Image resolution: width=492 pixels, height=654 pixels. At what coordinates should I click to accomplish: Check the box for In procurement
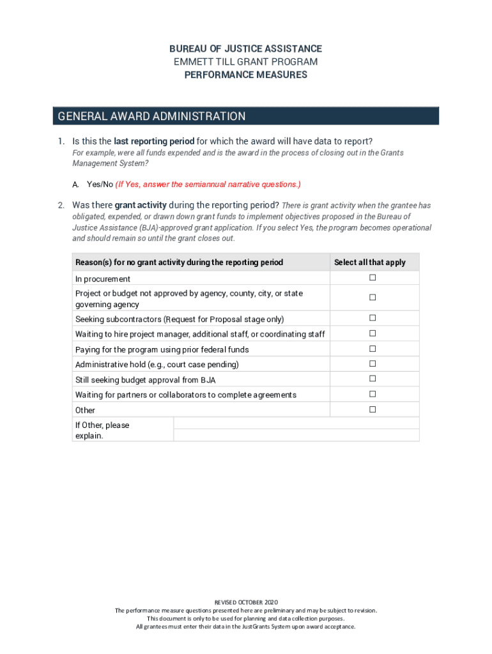[x=372, y=278]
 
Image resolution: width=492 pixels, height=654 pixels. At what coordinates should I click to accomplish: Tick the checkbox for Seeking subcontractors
[x=372, y=318]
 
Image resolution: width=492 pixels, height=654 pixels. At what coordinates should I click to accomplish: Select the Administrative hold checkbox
[x=372, y=364]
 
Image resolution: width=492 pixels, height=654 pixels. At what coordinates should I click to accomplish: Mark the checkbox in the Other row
[x=372, y=409]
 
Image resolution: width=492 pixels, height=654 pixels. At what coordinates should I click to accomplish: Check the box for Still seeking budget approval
[x=372, y=379]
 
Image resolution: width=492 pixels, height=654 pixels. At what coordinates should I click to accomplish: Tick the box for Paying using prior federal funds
[x=372, y=349]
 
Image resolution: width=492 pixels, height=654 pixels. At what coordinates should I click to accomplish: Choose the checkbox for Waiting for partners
[x=372, y=394]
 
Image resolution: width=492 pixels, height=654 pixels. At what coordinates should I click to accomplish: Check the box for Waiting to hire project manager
[x=372, y=333]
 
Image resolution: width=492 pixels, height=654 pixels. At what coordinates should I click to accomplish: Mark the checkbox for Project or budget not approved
[x=372, y=298]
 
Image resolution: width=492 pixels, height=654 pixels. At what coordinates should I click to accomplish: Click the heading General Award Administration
[x=151, y=116]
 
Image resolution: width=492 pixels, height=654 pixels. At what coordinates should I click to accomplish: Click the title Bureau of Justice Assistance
[x=245, y=49]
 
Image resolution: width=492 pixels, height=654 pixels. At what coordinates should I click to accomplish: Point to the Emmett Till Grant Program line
[x=245, y=62]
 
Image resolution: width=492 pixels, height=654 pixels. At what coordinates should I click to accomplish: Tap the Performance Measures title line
[x=245, y=75]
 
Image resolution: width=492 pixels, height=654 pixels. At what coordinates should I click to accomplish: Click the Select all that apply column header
[x=369, y=262]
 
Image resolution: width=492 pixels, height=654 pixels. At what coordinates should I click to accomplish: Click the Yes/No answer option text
[x=100, y=185]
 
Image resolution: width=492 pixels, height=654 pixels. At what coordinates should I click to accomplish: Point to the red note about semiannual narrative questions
[x=208, y=185]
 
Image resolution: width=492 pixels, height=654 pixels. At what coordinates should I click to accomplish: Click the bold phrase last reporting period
[x=154, y=141]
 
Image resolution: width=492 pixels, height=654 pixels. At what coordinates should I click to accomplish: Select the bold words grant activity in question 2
[x=141, y=205]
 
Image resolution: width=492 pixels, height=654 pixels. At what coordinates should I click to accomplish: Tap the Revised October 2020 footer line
[x=246, y=602]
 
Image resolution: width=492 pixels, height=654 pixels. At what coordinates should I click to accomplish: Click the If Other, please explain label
[x=102, y=430]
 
